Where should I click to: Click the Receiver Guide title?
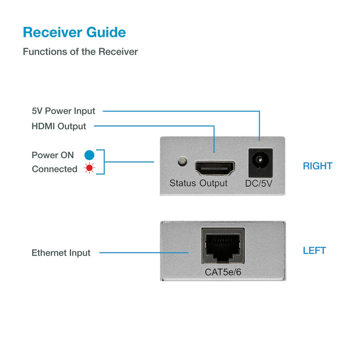coord(74,32)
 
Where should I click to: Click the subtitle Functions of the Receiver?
coord(80,52)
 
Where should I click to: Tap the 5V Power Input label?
coord(63,111)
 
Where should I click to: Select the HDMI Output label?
coord(59,126)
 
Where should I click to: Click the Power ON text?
coord(53,155)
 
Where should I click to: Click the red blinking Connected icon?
coord(90,169)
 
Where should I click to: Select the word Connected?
coord(54,169)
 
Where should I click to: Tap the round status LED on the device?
coord(183,161)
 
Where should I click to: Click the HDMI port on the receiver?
coord(214,168)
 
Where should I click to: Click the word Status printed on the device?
coord(183,183)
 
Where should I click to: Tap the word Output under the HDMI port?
coord(214,183)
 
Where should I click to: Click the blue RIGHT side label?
coord(317,166)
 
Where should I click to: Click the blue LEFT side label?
coord(314,251)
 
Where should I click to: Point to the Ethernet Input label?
coord(61,253)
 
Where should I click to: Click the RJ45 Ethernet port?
coord(222,247)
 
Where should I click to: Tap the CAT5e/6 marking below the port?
coord(223,272)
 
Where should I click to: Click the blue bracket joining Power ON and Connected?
coord(103,162)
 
